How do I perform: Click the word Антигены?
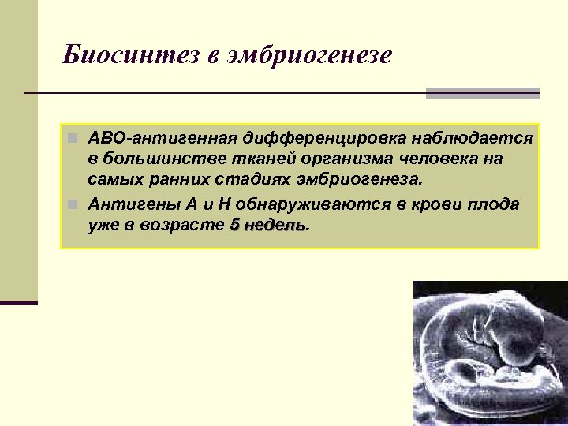[x=133, y=205]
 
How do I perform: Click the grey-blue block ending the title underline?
[x=482, y=94]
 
